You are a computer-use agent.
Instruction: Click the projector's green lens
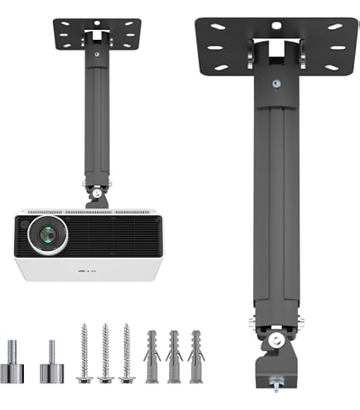click(48, 234)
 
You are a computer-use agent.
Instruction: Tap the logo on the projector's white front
click(87, 271)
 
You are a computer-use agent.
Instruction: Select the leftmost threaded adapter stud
click(12, 361)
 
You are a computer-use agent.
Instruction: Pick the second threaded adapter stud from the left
click(51, 361)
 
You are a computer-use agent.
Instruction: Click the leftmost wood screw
click(84, 354)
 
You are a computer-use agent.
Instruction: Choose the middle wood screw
click(105, 354)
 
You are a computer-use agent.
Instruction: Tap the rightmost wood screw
click(127, 354)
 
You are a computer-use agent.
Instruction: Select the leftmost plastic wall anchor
click(152, 357)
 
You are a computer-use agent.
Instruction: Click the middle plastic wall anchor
click(174, 357)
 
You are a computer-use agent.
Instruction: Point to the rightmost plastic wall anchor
click(196, 357)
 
